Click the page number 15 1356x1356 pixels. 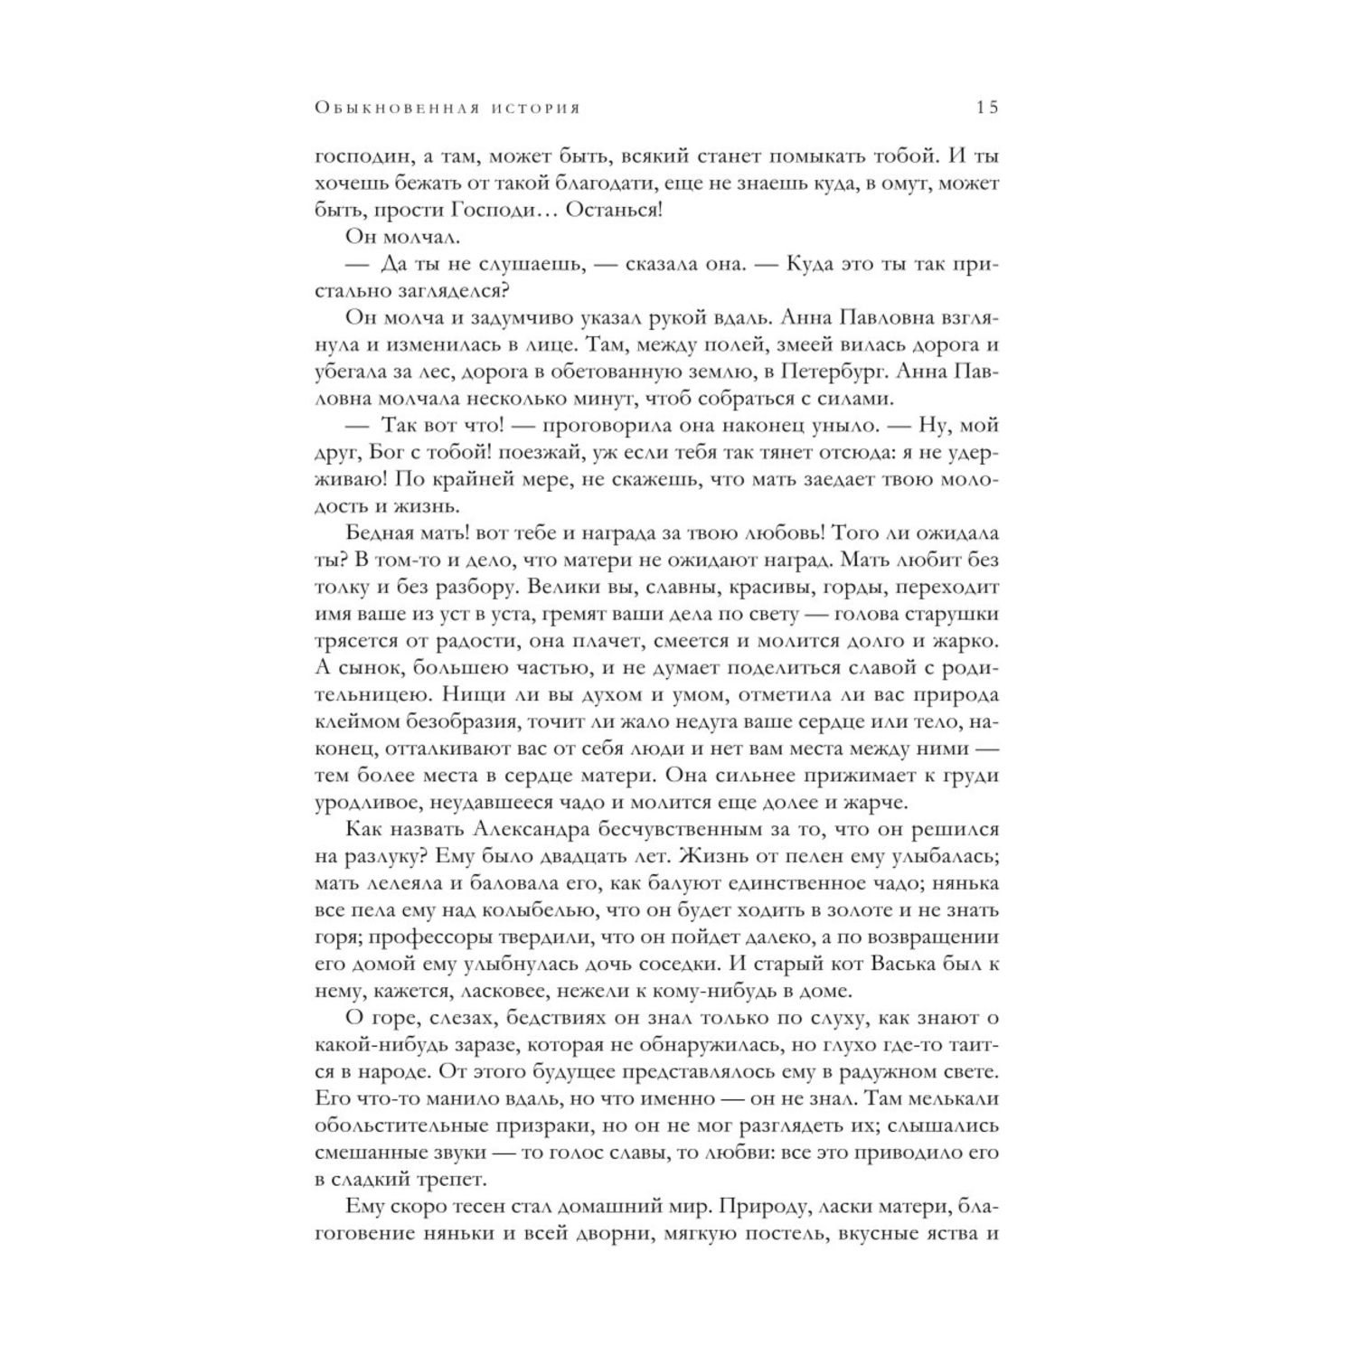pyautogui.click(x=986, y=107)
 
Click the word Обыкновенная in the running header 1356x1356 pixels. pyautogui.click(x=395, y=108)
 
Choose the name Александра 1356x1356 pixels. pyautogui.click(x=530, y=829)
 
